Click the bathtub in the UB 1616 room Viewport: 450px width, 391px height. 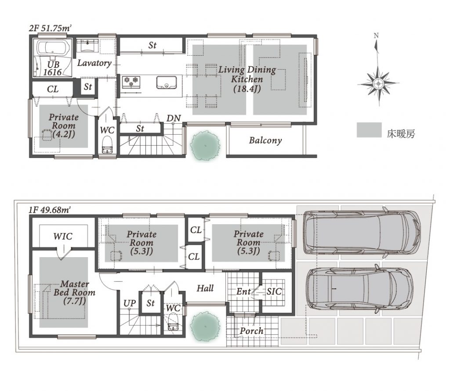pyautogui.click(x=54, y=48)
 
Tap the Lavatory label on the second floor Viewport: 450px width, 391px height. pyautogui.click(x=94, y=63)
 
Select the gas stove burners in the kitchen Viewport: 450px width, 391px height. pyautogui.click(x=131, y=82)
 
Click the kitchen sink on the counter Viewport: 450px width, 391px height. pyautogui.click(x=167, y=83)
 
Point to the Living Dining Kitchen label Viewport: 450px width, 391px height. pyautogui.click(x=247, y=79)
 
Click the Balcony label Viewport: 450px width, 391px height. pyautogui.click(x=265, y=140)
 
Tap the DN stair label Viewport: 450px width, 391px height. pyautogui.click(x=174, y=118)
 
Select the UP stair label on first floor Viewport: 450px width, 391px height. pyautogui.click(x=130, y=303)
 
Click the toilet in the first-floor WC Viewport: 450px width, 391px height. pyautogui.click(x=173, y=323)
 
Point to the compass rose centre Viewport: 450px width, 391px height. pyautogui.click(x=378, y=84)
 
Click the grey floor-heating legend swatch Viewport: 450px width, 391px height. pyautogui.click(x=369, y=130)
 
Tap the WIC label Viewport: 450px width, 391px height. pyautogui.click(x=63, y=237)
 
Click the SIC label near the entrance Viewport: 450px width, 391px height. pyautogui.click(x=274, y=291)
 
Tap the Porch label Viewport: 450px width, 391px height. pyautogui.click(x=251, y=331)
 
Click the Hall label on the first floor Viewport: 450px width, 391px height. pyautogui.click(x=205, y=288)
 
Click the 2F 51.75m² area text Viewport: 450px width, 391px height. pyautogui.click(x=50, y=28)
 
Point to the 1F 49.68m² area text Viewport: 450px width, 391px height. pyautogui.click(x=50, y=210)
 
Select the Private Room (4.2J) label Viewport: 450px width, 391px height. pyautogui.click(x=63, y=126)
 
